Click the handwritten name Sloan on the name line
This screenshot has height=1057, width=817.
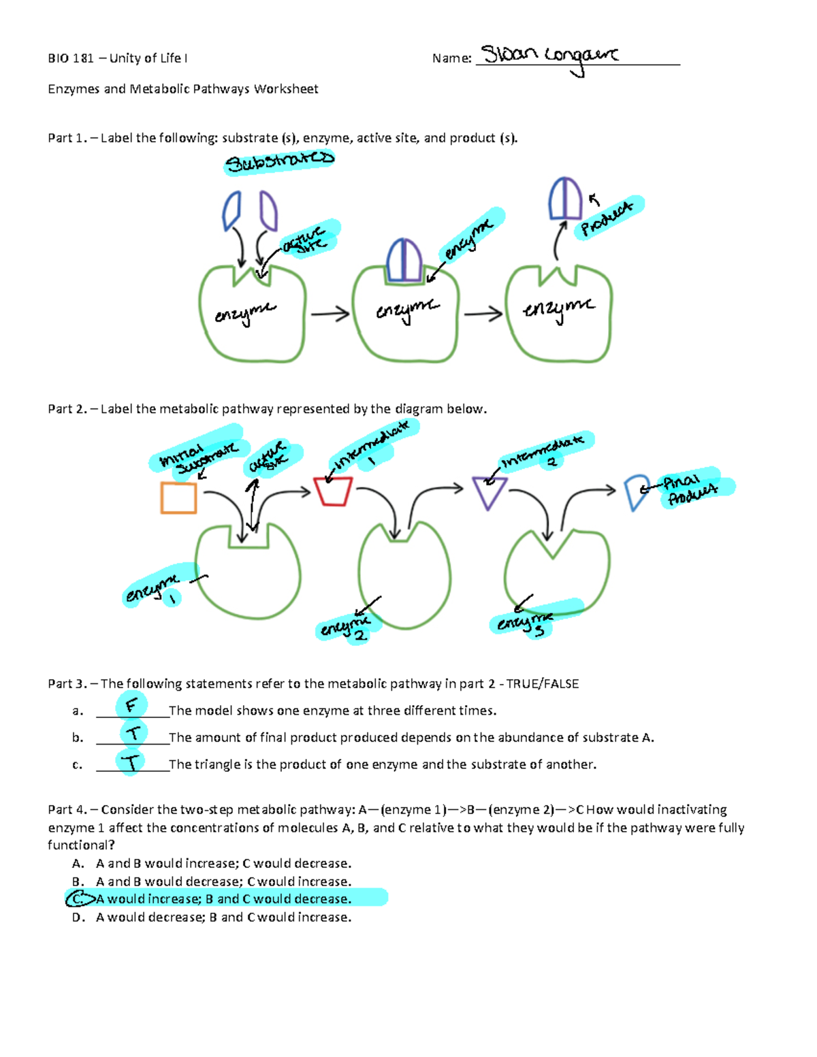point(510,54)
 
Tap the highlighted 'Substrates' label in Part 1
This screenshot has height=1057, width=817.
point(279,162)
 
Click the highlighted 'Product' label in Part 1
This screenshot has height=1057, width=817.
point(607,217)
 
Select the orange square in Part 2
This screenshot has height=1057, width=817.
point(178,498)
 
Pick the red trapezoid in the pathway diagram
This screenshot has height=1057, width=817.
point(333,491)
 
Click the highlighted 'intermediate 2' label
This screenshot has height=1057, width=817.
point(545,452)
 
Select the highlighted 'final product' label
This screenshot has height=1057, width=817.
point(691,489)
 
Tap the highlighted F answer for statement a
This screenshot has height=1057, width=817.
point(131,705)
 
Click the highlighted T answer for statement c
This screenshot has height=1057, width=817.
point(131,762)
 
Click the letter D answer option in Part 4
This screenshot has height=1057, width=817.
point(78,917)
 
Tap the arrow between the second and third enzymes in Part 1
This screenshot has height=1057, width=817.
point(483,314)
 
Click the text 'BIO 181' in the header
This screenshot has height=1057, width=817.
point(71,59)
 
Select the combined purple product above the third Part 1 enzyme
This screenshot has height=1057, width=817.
point(565,198)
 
